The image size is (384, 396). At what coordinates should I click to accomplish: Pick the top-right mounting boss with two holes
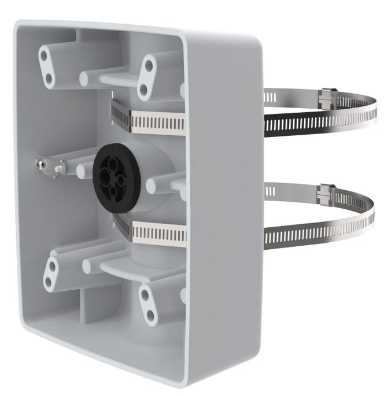click(147, 76)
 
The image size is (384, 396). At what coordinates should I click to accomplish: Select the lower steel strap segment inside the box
click(153, 231)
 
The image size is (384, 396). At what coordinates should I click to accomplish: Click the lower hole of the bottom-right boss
click(151, 314)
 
